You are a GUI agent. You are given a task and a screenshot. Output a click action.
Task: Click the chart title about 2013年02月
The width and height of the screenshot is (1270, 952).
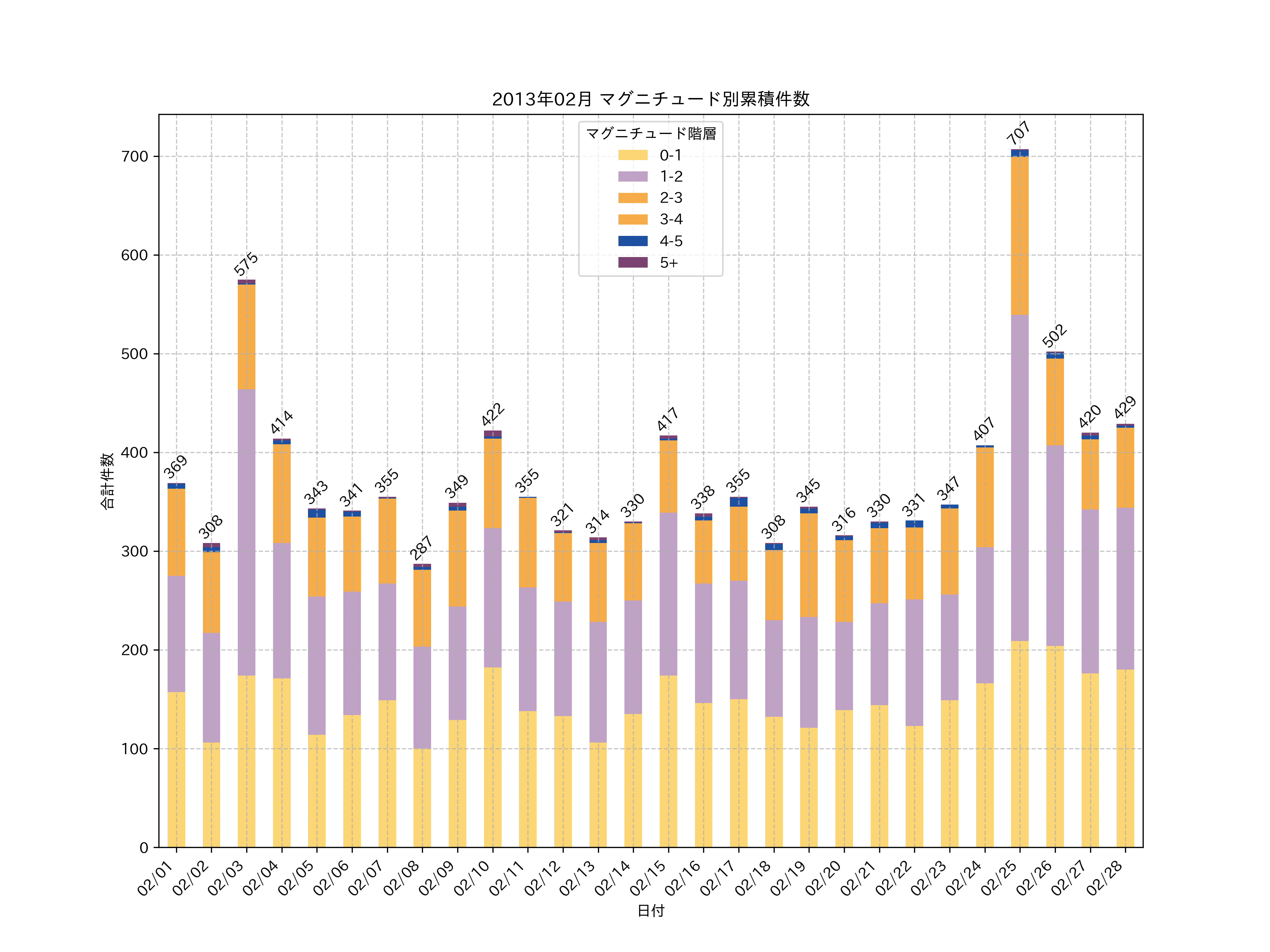(651, 99)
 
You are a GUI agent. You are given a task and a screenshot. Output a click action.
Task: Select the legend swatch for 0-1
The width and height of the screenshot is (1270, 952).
(633, 155)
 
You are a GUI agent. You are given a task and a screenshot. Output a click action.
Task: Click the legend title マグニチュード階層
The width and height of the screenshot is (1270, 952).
(651, 134)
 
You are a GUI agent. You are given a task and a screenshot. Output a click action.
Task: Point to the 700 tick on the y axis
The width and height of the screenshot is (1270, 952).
(134, 157)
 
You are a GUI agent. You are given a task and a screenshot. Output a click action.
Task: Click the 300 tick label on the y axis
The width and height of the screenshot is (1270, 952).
(134, 551)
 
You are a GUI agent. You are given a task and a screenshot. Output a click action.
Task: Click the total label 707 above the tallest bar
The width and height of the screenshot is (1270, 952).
(1018, 133)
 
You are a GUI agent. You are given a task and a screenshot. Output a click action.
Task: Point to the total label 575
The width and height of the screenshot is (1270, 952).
(246, 264)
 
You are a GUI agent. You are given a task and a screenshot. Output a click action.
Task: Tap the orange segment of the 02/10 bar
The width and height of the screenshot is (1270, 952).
(492, 483)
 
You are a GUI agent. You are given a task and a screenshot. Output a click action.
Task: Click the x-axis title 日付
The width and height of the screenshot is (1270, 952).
(651, 911)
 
